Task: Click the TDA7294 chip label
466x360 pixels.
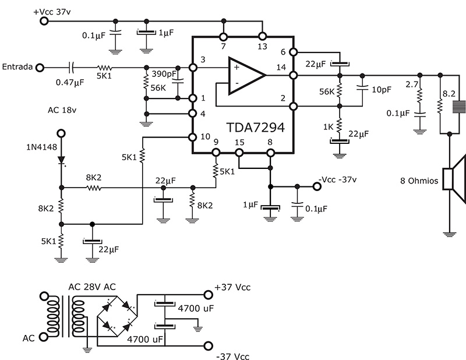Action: [x=256, y=127]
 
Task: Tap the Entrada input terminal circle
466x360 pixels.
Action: [x=40, y=68]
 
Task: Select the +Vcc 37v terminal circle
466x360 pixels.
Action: [x=44, y=21]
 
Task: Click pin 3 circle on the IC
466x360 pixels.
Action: [x=193, y=68]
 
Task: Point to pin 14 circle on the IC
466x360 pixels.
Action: [x=294, y=75]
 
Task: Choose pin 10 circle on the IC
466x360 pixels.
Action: [x=193, y=137]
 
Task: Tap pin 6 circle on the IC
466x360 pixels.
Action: [x=294, y=52]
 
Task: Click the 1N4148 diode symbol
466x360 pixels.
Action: [x=61, y=160]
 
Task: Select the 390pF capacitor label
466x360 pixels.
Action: [x=164, y=74]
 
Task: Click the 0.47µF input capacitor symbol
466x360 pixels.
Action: [x=71, y=68]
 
